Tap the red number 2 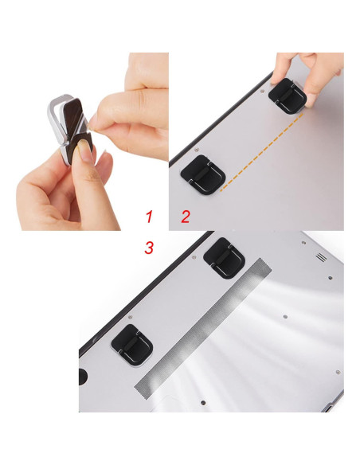click(x=186, y=215)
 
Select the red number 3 click(x=149, y=248)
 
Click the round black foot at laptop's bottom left click(x=84, y=375)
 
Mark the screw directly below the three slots click(x=327, y=279)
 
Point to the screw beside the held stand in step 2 click(x=264, y=92)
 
